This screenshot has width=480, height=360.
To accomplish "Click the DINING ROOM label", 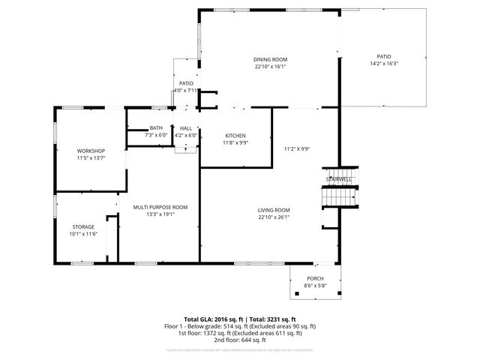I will point(270,59).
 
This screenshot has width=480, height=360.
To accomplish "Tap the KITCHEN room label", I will point(235,136).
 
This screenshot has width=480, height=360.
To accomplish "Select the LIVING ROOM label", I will point(273,210).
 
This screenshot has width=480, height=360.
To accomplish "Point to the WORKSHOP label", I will point(90,151).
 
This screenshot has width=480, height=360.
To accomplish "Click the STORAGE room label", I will point(83,226).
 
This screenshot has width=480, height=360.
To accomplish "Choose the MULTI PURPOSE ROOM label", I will point(160,206).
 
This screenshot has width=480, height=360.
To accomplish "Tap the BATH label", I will point(156,128).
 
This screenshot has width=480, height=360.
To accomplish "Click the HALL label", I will point(185,128).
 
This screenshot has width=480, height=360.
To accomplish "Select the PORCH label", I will point(315,278).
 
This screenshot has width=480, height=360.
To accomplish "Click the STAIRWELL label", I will point(337,179).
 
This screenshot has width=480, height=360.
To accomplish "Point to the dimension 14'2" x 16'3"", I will point(383,64).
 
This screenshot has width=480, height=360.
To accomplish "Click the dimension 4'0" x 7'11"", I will point(185,90).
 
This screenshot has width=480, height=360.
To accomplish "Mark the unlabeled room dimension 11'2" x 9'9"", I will point(296,148).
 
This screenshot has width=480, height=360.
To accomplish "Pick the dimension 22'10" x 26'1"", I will point(273,217).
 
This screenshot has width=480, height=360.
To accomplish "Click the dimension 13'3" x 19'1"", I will point(160,214).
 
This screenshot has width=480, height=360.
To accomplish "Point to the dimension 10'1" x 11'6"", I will point(83,234).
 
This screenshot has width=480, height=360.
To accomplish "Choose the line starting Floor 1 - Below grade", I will point(240,326).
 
